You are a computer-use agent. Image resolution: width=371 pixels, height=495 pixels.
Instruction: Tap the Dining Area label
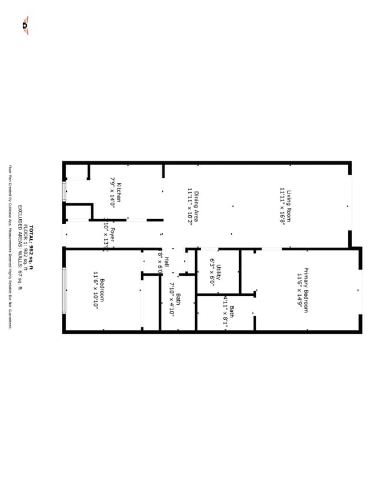pyautogui.click(x=196, y=206)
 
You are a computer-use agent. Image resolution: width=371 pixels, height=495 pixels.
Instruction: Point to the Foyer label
pyautogui.click(x=112, y=235)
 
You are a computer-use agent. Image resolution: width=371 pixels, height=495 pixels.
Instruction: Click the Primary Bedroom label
pyautogui.click(x=305, y=290)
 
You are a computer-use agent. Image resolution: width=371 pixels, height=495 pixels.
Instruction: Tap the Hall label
pyautogui.click(x=166, y=262)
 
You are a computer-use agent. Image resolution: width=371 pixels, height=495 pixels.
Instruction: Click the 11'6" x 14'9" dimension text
pyautogui.click(x=298, y=290)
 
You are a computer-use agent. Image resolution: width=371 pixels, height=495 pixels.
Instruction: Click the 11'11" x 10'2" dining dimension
pyautogui.click(x=189, y=206)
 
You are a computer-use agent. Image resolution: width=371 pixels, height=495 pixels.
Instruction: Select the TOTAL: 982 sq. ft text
pyautogui.click(x=31, y=246)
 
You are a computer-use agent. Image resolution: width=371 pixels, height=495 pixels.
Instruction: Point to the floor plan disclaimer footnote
pyautogui.click(x=10, y=247)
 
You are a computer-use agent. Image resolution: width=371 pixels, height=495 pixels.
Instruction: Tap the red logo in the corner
pyautogui.click(x=25, y=25)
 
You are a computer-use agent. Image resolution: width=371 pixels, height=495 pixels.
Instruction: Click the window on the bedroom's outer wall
pyautogui.click(x=64, y=290)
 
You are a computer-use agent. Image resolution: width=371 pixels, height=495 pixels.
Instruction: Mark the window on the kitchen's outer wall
pyautogui.click(x=64, y=191)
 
